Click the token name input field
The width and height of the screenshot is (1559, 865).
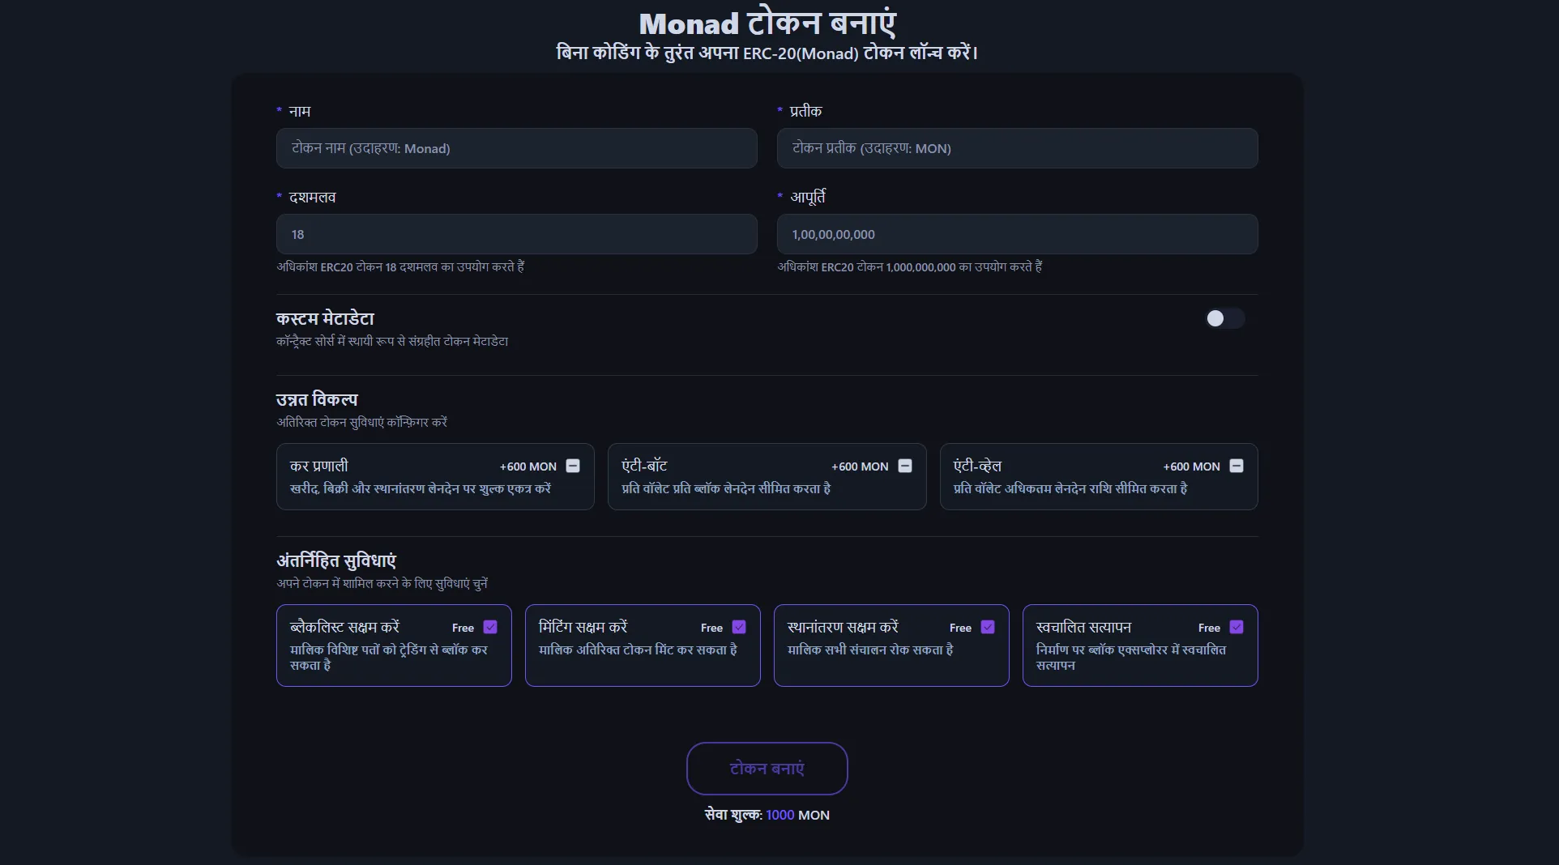516,148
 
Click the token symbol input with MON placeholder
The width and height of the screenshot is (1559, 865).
1017,148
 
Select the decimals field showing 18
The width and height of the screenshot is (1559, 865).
516,234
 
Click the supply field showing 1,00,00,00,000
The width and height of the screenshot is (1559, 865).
1017,234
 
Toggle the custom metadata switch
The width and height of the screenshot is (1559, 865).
1224,318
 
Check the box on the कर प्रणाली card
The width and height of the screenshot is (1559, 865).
573,466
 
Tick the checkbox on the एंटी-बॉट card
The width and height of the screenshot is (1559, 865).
905,466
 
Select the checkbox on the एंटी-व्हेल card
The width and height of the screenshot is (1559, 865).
1237,466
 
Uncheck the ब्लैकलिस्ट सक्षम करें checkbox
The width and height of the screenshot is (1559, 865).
490,627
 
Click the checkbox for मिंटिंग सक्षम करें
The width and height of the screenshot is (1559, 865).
739,627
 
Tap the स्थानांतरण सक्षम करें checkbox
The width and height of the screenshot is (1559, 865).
988,627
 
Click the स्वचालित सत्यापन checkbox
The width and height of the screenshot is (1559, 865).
1237,627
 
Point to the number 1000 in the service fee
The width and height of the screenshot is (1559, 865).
780,815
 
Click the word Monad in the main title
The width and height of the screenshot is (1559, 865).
690,24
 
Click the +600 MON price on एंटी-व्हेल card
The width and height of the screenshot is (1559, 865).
1191,467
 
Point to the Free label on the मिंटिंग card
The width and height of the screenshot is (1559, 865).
711,628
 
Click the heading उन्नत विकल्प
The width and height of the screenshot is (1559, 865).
317,399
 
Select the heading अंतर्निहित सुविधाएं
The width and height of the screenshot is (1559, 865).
336,560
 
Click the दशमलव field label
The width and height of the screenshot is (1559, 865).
312,197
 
